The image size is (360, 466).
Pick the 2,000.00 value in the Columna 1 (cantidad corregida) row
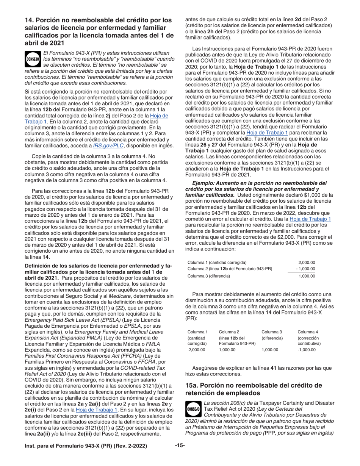307,262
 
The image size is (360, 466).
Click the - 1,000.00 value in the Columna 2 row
305,269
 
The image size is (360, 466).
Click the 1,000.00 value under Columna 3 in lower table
269,350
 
